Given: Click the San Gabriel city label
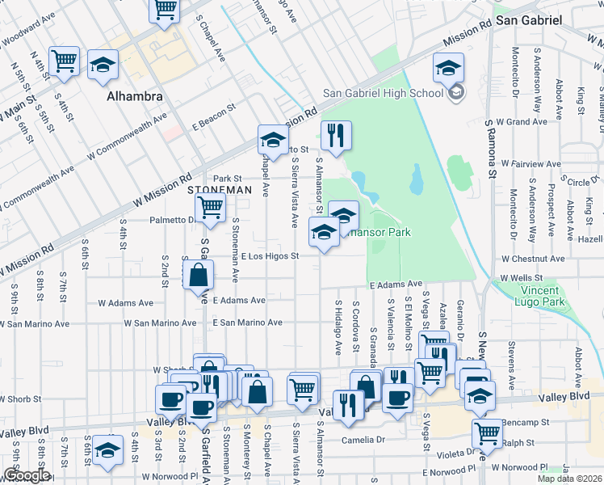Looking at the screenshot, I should click(x=528, y=19).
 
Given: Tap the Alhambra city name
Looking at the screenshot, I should click(x=135, y=96).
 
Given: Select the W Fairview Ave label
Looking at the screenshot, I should click(x=530, y=163).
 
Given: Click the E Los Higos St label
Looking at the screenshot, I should click(x=271, y=256).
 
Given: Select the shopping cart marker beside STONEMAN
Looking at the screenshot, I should click(x=211, y=206).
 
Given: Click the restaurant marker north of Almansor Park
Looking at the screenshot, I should click(x=336, y=136).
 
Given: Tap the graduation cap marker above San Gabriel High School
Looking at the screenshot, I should click(x=448, y=68).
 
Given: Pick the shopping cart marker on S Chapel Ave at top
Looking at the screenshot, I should click(x=166, y=10).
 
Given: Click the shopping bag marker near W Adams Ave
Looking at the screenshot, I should click(x=198, y=276).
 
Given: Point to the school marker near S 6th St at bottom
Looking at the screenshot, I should click(x=107, y=450).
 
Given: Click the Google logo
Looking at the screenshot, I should click(x=27, y=475).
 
